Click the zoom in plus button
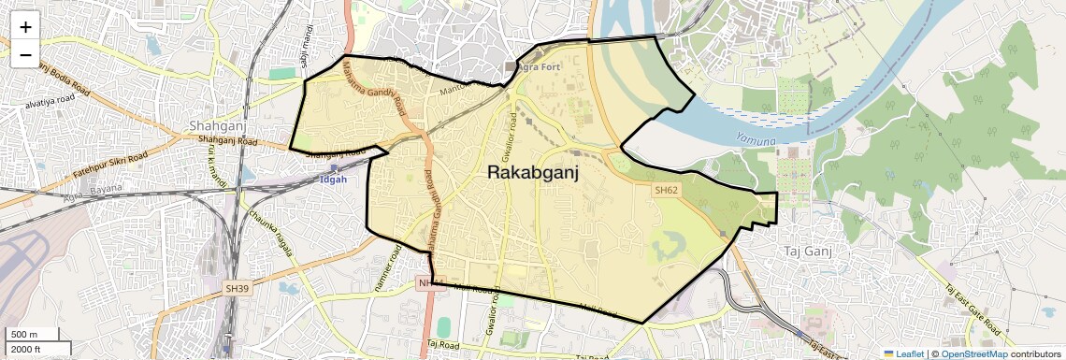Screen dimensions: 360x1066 coord(25,26)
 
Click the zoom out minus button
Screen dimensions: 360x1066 coord(25,54)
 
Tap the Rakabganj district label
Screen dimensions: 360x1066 coord(533,172)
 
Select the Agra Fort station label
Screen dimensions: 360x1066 coord(540,66)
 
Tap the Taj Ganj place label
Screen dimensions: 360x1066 coord(807,252)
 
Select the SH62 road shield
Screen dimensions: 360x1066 coord(665,190)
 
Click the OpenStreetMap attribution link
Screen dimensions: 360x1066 coord(973,353)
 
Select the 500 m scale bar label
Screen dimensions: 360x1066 coord(24,334)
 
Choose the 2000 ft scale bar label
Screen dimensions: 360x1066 coord(26,349)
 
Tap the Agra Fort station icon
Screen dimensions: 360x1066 coord(511,66)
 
